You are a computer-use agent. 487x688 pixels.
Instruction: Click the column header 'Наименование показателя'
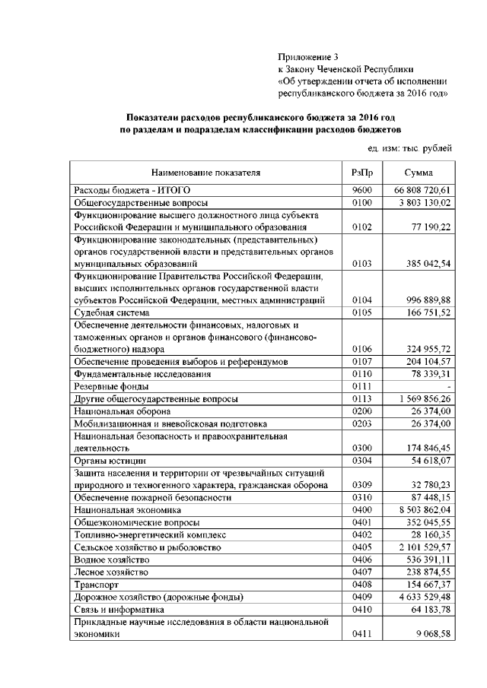pyautogui.click(x=205, y=173)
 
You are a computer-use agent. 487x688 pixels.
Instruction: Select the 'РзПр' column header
pyautogui.click(x=361, y=173)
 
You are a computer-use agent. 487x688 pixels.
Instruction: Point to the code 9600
pyautogui.click(x=361, y=189)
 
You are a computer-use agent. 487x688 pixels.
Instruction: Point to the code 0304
pyautogui.click(x=361, y=461)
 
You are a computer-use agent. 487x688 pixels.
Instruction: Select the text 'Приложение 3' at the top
pyautogui.click(x=307, y=56)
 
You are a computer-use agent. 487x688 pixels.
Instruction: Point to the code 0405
pyautogui.click(x=361, y=547)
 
